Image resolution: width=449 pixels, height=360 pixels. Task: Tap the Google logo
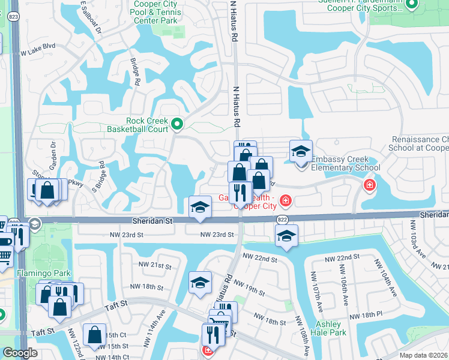tap(20, 353)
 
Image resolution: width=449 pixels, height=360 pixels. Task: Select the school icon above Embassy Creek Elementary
tap(301, 152)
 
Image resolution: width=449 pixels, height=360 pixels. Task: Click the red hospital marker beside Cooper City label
tap(286, 199)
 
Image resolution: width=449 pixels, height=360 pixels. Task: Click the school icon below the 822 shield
tap(288, 236)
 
